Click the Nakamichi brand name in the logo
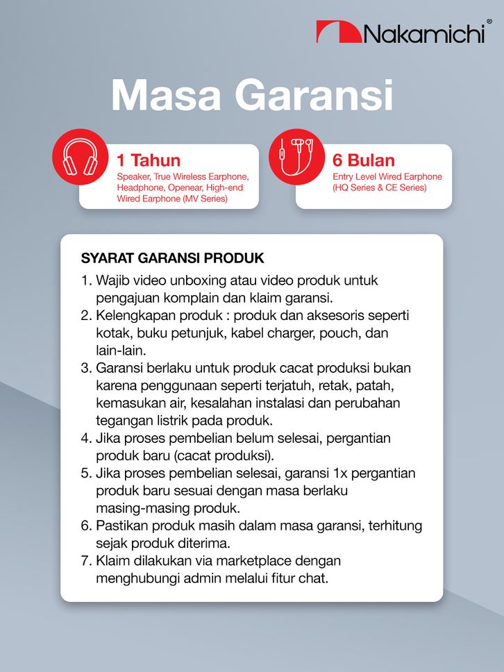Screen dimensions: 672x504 (x=423, y=33)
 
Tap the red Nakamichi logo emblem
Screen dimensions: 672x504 (x=338, y=32)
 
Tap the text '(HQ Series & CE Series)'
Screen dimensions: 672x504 (x=380, y=188)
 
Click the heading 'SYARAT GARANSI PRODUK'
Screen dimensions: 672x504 (x=173, y=258)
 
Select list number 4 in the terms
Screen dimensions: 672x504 (x=86, y=438)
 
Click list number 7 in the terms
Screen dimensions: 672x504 (x=86, y=560)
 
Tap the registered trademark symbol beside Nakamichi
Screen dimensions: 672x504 (x=489, y=22)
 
